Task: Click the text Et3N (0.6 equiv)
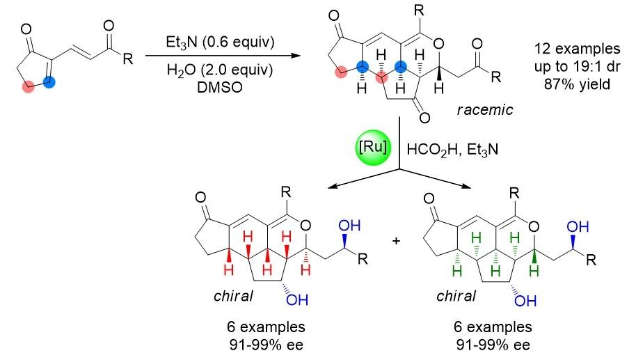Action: coord(201,41)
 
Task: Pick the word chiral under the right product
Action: coord(456,296)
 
